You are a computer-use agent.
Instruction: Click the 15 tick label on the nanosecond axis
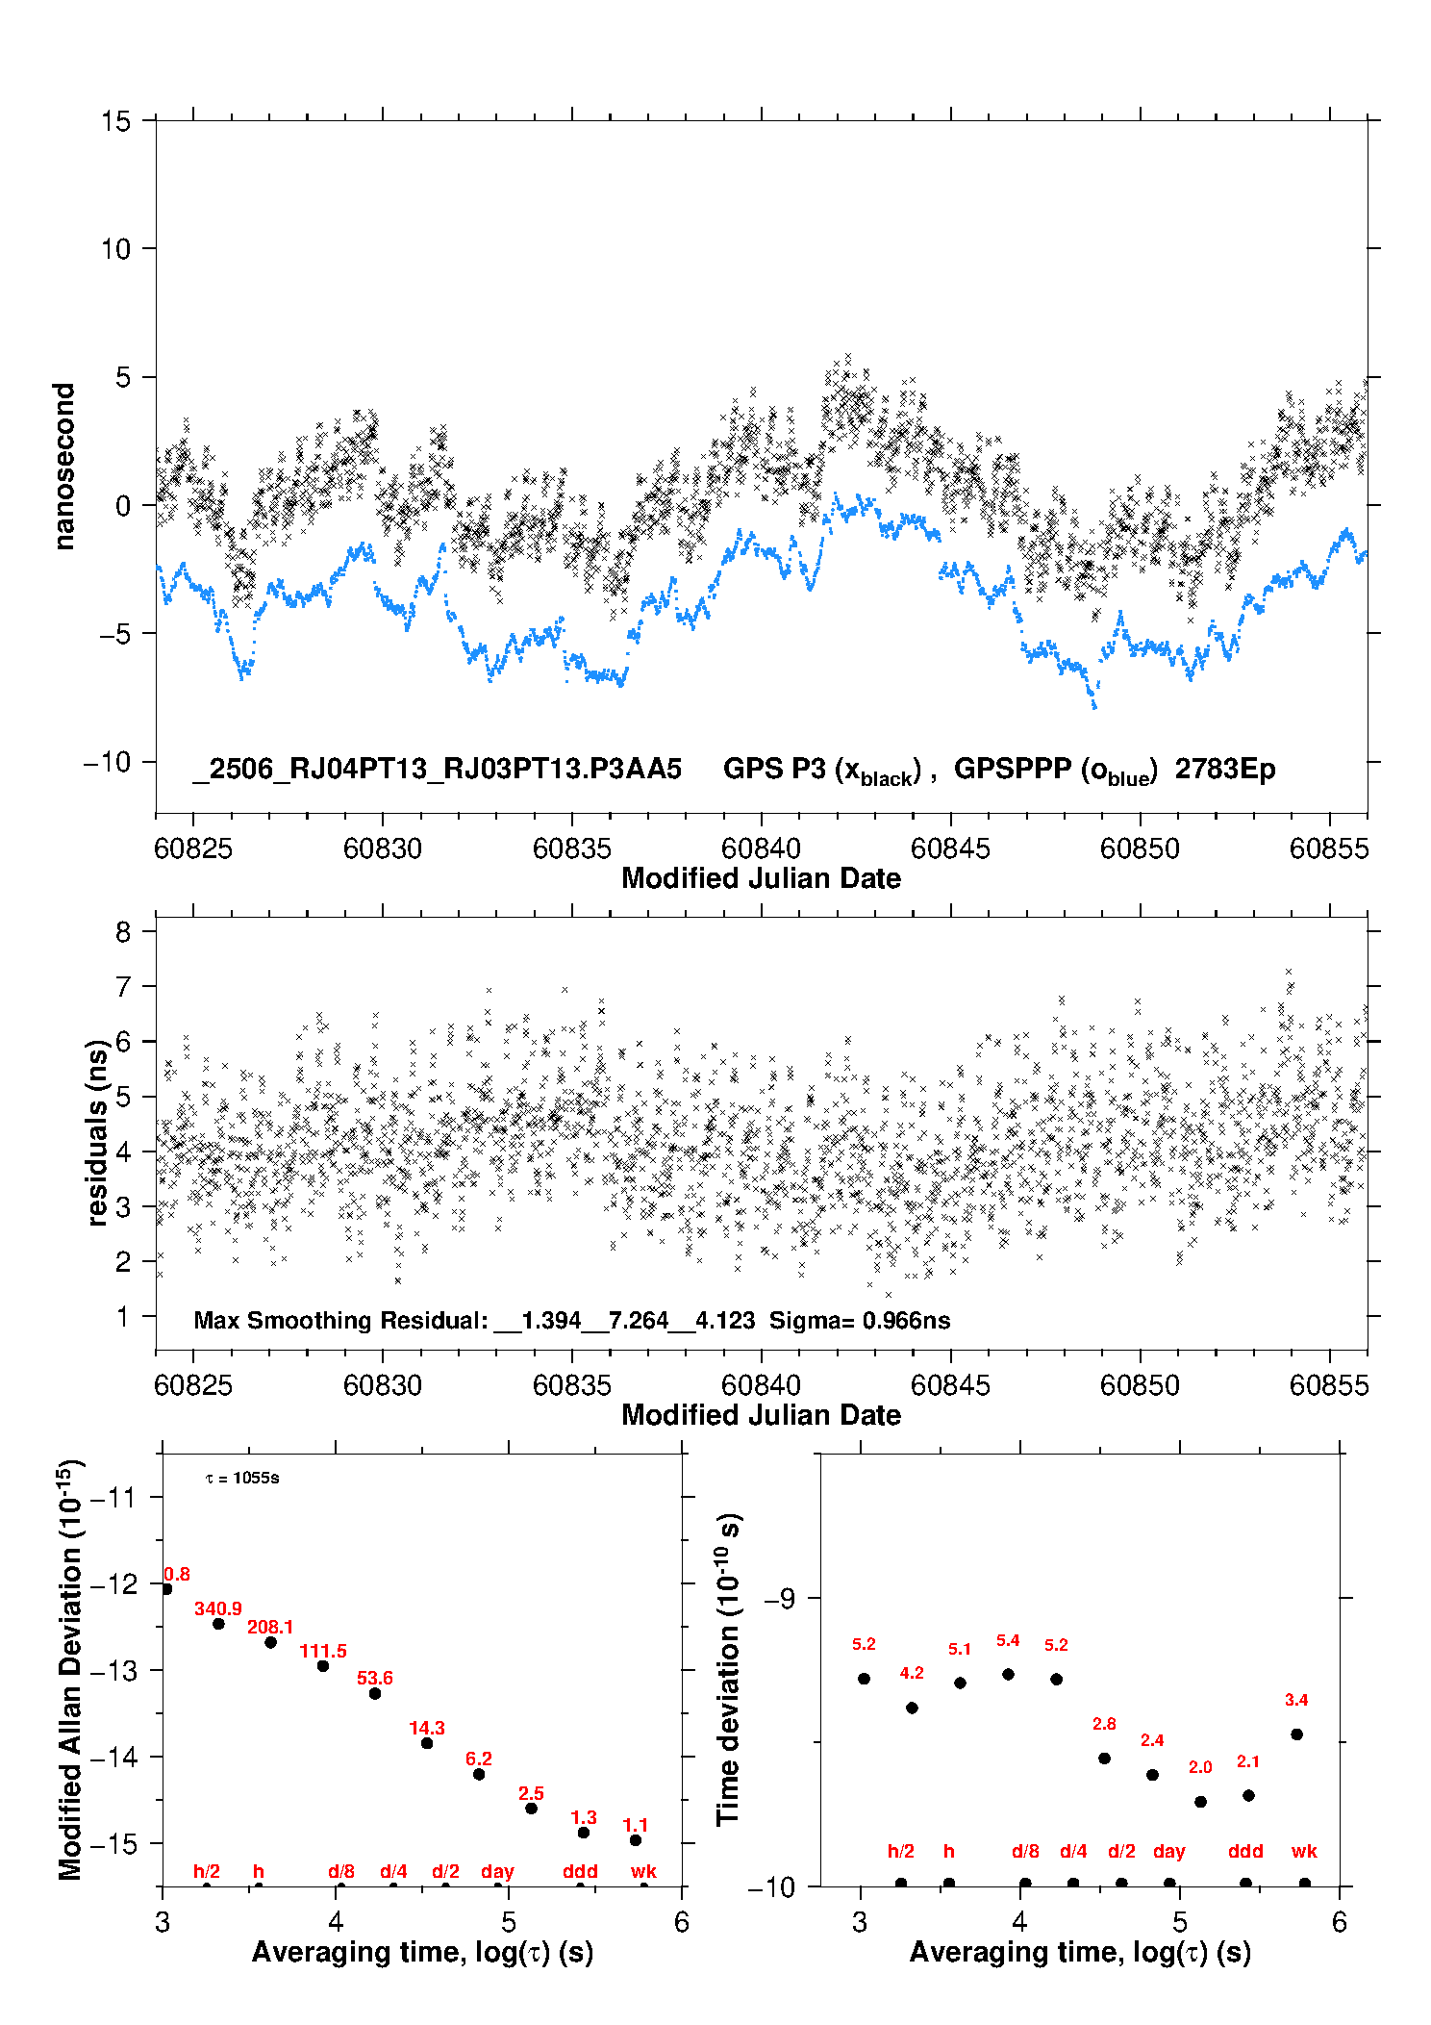(115, 121)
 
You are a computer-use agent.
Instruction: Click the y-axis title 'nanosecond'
(63, 467)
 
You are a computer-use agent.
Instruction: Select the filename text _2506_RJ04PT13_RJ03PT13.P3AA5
(437, 769)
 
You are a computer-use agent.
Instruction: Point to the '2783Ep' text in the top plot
(1225, 769)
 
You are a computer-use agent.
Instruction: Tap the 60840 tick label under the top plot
(761, 848)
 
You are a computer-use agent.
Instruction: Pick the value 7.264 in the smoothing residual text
(639, 1320)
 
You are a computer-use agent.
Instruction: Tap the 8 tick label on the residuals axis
(123, 931)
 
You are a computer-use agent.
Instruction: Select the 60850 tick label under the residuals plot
(1140, 1385)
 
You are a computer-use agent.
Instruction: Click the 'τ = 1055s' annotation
(242, 1478)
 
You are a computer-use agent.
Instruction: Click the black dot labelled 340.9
(218, 1624)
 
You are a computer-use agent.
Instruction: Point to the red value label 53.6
(375, 1678)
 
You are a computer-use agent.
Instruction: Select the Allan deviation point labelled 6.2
(479, 1774)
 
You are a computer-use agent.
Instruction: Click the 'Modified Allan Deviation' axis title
(70, 1670)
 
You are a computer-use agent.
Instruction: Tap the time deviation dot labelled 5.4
(1008, 1674)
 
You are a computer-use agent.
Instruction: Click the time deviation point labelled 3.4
(1296, 1734)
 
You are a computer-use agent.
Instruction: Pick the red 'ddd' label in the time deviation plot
(1245, 1851)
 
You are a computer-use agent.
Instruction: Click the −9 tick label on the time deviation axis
(779, 1598)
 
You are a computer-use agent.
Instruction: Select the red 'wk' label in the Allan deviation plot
(643, 1871)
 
